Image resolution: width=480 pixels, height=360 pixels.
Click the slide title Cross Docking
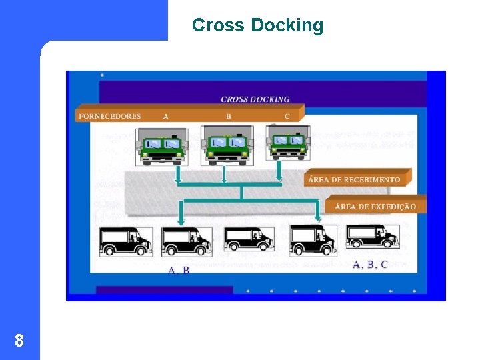257,26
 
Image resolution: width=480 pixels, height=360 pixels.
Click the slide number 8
19,341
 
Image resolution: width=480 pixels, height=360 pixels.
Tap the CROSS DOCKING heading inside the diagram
255,99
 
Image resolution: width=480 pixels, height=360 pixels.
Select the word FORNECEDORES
110,115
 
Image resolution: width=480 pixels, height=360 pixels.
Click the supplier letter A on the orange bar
165,115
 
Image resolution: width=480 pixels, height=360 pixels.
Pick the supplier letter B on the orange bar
228,115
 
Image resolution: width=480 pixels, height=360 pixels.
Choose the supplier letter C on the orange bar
287,115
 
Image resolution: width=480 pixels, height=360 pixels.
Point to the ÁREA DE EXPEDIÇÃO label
375,206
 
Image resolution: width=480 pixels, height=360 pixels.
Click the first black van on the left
125,241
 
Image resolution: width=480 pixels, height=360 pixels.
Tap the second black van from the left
187,241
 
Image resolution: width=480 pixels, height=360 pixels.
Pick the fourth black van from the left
313,240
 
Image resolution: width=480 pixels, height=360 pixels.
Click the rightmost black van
372,237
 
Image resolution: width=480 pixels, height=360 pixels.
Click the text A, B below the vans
179,270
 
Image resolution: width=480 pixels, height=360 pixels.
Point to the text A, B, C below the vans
369,265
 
